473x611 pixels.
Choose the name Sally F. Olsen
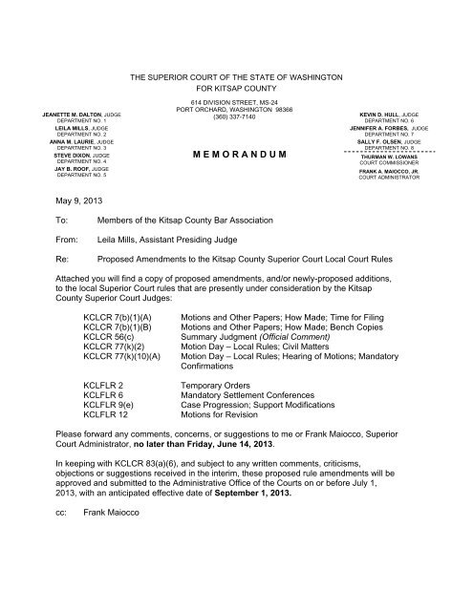pyautogui.click(x=398, y=140)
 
